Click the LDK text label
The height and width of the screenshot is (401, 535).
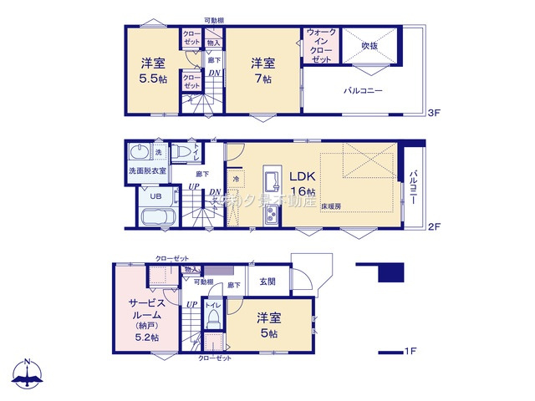(303, 176)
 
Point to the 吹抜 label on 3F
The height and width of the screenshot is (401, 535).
(370, 45)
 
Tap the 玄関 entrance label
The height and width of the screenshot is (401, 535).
(267, 282)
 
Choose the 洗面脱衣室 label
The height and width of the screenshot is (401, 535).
(147, 171)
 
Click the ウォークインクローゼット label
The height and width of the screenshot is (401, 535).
(321, 47)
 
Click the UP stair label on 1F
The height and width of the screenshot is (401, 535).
(191, 305)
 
